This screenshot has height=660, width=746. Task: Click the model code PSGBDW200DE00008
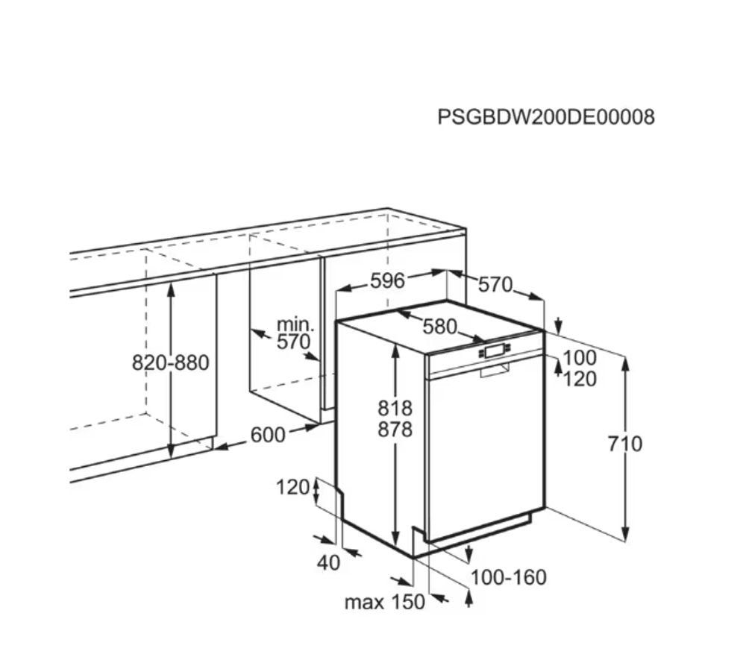pos(545,117)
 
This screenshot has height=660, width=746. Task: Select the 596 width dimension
pos(388,280)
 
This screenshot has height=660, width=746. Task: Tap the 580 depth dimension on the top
pos(439,326)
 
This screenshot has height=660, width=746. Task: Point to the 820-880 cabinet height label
pos(171,363)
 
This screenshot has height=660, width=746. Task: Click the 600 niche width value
pos(268,435)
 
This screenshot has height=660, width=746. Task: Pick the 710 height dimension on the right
pos(624,444)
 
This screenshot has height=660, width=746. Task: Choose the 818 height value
pos(395,408)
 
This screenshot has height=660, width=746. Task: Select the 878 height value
pos(395,430)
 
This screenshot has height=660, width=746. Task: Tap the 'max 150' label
pos(384,602)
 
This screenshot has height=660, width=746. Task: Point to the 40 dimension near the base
pos(329,563)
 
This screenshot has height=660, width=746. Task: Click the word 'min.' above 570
pos(295,324)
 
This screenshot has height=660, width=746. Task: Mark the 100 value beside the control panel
pos(580,358)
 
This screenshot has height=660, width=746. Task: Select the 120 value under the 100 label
pos(580,380)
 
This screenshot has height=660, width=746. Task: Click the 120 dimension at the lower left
pos(292,488)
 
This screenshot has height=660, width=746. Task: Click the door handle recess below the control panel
pos(495,370)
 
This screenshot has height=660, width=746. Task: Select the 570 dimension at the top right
pos(495,284)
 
